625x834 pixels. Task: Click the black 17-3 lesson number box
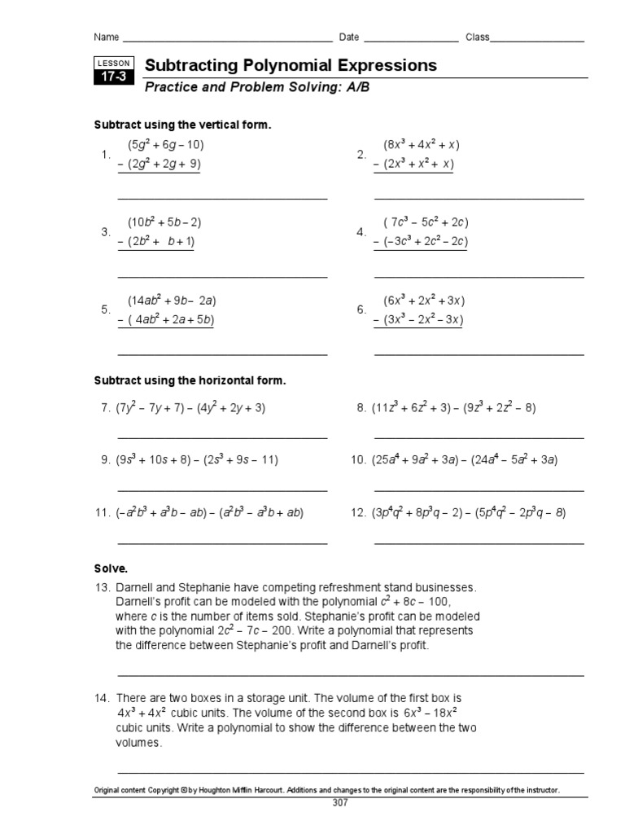(x=110, y=78)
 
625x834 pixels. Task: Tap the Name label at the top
(x=107, y=37)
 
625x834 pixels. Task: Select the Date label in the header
(x=348, y=37)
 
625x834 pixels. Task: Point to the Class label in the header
(x=477, y=37)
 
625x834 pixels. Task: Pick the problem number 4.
(x=361, y=232)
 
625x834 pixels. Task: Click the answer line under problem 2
(x=479, y=198)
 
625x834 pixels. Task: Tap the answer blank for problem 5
(x=222, y=354)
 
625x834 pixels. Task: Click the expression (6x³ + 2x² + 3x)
(x=424, y=301)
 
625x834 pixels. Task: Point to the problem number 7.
(x=105, y=408)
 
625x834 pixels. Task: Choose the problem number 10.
(x=358, y=460)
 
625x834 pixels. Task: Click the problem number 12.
(x=358, y=513)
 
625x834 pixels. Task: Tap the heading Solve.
(x=111, y=568)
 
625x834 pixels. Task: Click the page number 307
(x=339, y=803)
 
